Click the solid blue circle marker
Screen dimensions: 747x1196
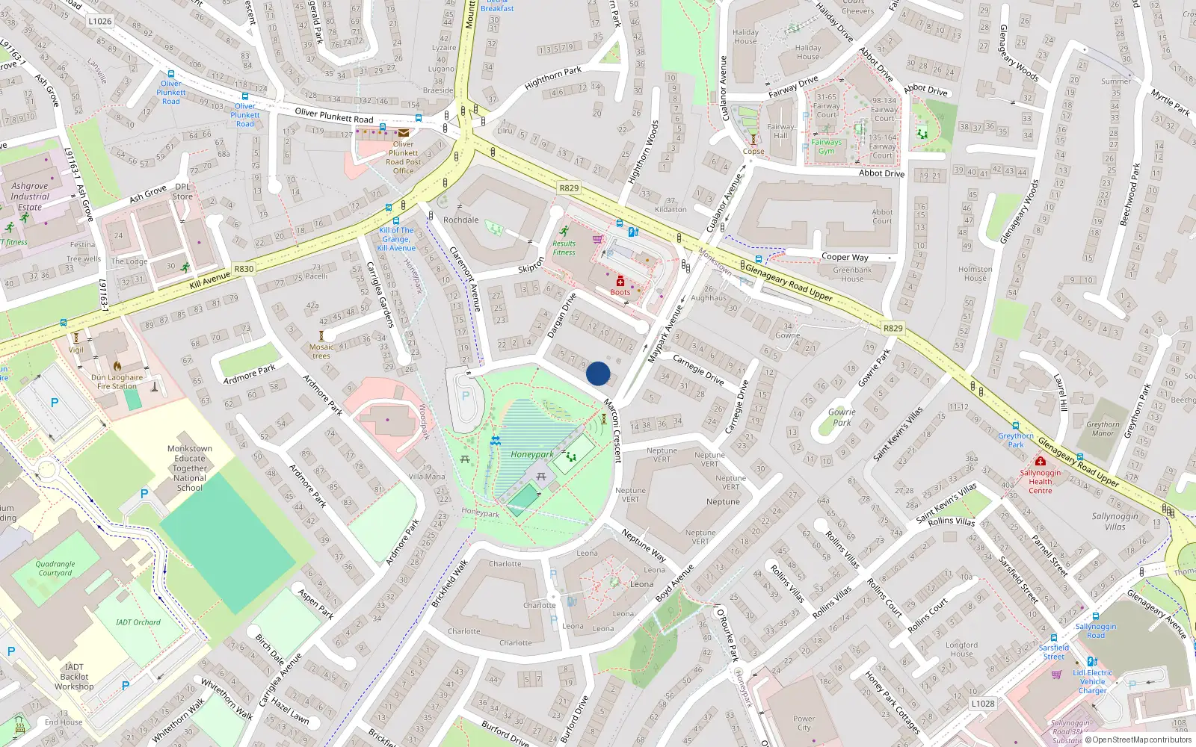598,373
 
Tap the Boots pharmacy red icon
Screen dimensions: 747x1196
620,282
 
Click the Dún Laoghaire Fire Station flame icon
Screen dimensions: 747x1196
117,366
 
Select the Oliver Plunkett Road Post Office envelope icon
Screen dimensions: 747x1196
404,133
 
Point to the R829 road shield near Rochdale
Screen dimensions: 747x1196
569,187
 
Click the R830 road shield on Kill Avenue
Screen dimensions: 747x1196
244,269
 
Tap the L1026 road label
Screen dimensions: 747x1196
99,21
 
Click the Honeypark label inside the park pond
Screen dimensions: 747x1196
532,454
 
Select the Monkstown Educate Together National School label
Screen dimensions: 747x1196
190,468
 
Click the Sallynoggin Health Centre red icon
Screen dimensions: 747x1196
1040,462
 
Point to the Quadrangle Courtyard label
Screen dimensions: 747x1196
55,568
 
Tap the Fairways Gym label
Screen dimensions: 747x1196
826,146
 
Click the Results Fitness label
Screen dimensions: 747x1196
564,248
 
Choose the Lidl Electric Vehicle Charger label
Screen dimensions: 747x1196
1092,681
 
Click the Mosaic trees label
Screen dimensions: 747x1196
321,351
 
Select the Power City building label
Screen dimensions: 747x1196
804,723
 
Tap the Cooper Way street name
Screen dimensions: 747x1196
845,257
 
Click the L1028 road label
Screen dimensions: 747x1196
983,703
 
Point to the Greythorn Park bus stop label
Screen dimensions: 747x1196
1016,440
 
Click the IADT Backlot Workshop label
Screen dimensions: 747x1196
74,677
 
